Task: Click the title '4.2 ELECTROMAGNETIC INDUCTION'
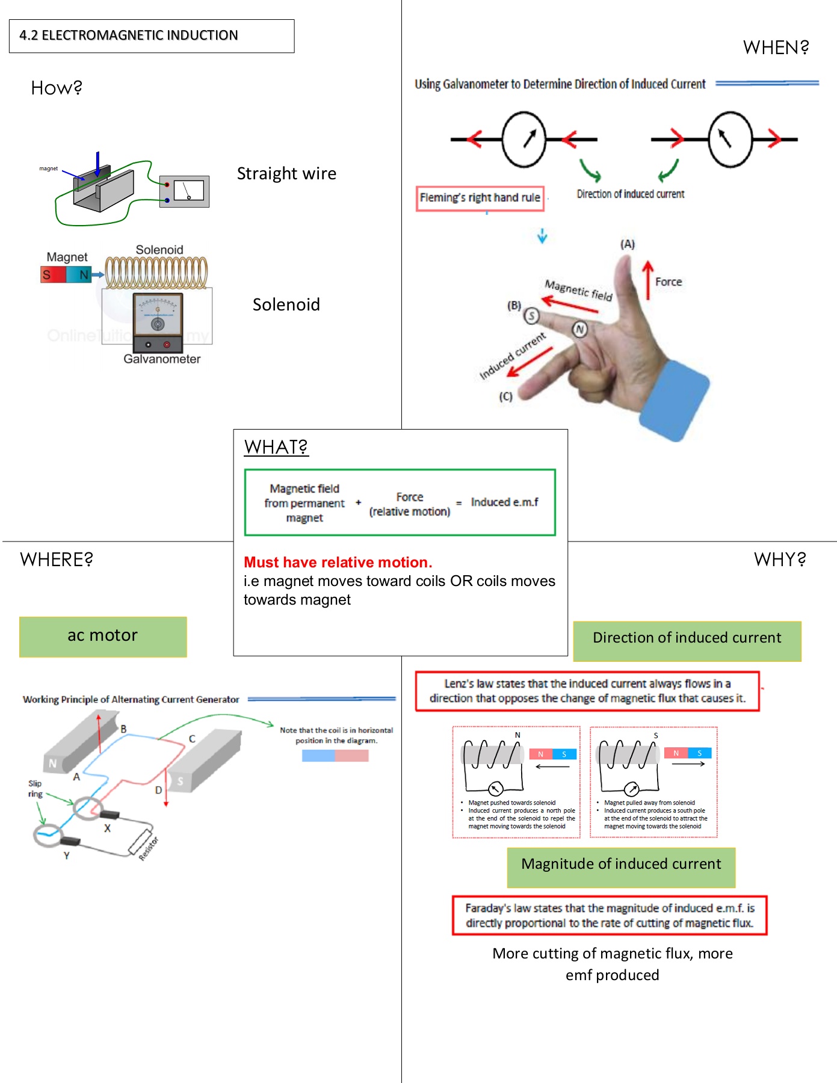coord(129,35)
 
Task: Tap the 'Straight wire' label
coord(286,174)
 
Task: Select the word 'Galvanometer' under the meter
coord(162,359)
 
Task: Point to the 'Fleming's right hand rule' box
coord(480,198)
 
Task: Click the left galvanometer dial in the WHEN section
coord(524,139)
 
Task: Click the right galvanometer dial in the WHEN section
coord(730,139)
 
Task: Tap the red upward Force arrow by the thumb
coord(647,280)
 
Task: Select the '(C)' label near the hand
coord(505,396)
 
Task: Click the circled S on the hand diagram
coord(531,315)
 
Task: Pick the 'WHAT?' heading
coord(276,447)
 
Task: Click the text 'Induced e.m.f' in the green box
coord(504,502)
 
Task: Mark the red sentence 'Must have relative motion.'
coord(338,563)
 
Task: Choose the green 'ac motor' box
coord(103,637)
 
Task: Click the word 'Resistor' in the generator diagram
coord(149,848)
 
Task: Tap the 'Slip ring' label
coord(35,789)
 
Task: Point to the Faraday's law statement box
coord(610,915)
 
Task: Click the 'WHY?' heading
coord(780,560)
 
